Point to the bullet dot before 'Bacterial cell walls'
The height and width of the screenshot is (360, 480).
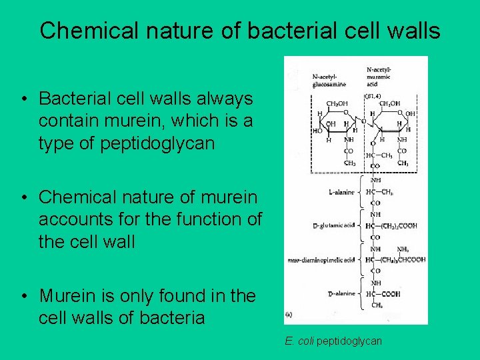coord(24,99)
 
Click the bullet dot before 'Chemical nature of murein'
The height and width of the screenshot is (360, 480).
coord(24,198)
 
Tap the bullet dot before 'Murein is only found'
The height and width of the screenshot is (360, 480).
coord(24,296)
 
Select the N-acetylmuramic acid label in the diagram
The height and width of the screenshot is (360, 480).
coord(379,74)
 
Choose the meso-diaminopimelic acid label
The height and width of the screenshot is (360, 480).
coord(320,260)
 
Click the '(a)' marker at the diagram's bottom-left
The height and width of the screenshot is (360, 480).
coord(289,314)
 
